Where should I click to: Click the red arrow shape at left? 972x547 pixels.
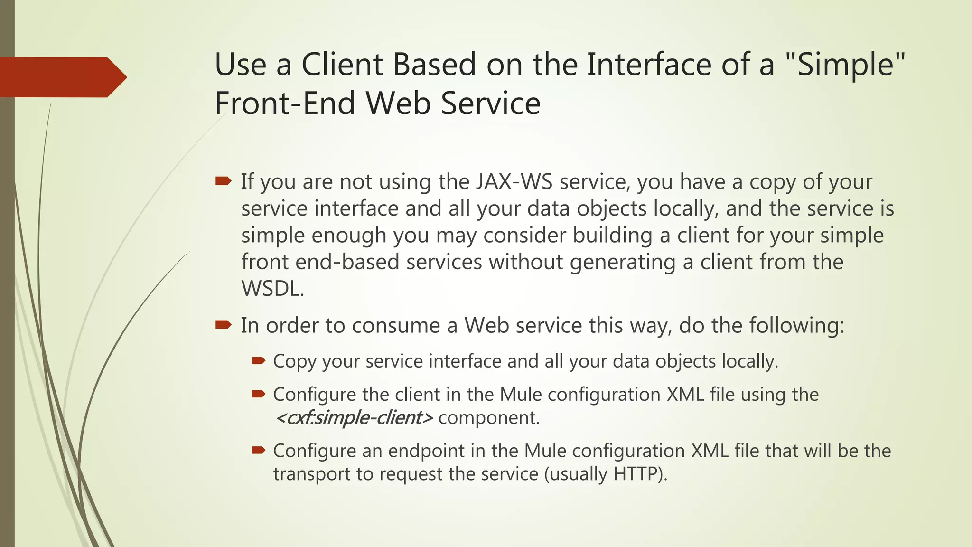(x=62, y=77)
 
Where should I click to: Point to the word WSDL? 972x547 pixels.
(x=272, y=289)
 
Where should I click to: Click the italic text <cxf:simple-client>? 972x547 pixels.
(x=354, y=418)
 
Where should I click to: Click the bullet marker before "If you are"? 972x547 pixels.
(x=223, y=181)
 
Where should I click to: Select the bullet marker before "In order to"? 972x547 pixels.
(x=223, y=325)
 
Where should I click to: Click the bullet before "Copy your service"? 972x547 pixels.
(x=258, y=361)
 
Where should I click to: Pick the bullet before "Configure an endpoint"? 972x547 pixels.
(x=258, y=450)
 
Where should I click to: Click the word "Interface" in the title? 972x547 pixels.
(x=650, y=65)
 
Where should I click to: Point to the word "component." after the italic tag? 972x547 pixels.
(x=489, y=418)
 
